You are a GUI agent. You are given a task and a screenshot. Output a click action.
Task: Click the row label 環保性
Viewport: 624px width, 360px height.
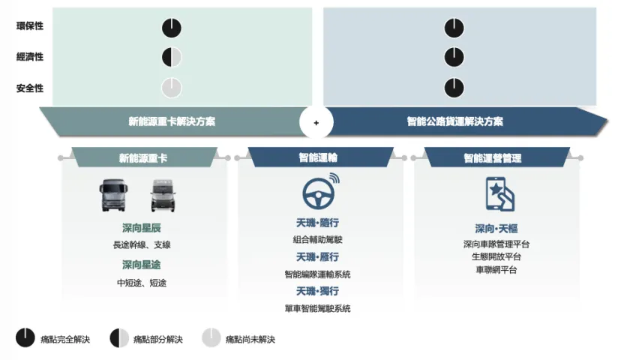point(30,26)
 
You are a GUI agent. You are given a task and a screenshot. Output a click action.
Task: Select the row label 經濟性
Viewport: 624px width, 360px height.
point(30,57)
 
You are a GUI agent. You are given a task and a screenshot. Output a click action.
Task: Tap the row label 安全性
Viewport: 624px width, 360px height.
point(30,88)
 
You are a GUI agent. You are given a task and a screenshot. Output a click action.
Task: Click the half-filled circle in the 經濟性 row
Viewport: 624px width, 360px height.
point(172,57)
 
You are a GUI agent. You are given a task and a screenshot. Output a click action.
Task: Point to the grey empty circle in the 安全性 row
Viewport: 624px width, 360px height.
point(172,88)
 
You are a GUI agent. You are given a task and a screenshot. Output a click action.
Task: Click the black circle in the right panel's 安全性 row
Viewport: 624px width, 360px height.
point(454,88)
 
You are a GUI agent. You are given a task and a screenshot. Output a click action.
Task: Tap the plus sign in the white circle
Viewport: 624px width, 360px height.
point(316,123)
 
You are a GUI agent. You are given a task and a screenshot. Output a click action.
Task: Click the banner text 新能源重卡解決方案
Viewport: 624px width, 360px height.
point(172,121)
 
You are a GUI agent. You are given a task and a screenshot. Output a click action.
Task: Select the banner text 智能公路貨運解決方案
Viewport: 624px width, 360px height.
point(454,121)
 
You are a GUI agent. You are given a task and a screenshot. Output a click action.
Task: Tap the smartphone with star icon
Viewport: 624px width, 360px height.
point(499,194)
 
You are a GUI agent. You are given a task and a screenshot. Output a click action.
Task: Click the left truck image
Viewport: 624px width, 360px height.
point(114,195)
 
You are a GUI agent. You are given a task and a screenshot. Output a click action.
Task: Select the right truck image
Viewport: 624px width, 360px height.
point(163,195)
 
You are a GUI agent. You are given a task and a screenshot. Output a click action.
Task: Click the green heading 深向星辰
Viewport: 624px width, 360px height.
point(141,228)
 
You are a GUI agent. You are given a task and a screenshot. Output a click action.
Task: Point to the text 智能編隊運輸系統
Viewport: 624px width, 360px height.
point(317,274)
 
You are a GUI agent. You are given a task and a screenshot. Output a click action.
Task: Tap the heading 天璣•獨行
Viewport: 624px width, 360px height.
point(317,291)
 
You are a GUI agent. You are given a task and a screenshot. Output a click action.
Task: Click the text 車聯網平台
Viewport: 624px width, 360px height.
point(496,270)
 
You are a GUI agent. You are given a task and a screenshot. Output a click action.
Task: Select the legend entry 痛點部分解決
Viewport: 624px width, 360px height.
point(146,338)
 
